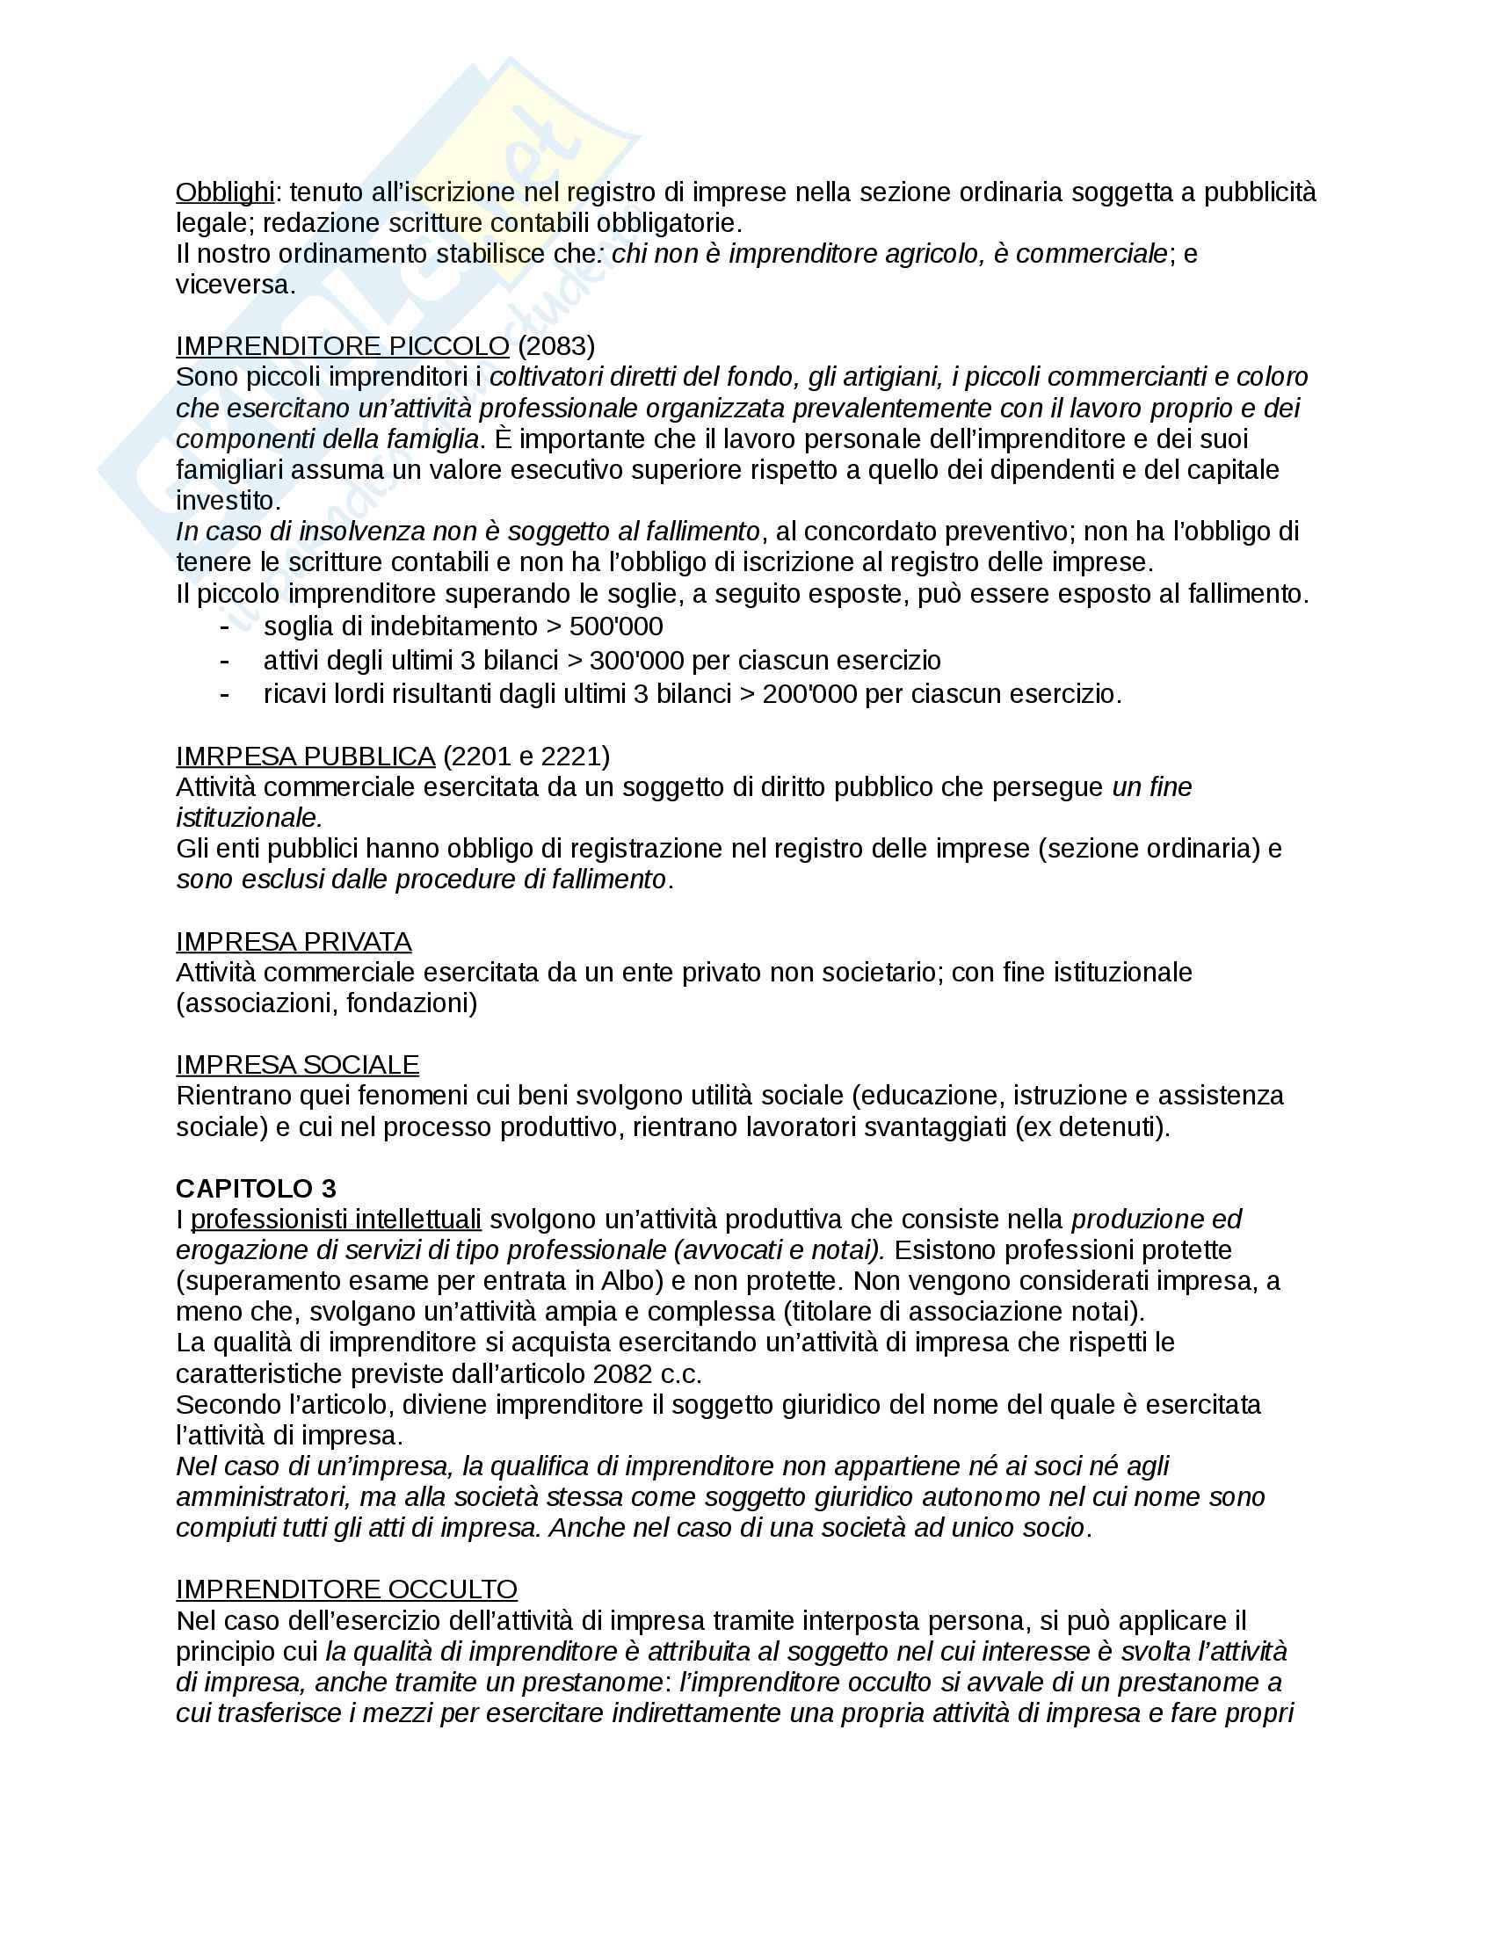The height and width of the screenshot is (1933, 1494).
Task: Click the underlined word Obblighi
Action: (225, 192)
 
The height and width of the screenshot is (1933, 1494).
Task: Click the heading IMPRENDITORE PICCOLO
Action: (343, 346)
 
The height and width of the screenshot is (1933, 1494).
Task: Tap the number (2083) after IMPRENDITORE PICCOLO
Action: (555, 346)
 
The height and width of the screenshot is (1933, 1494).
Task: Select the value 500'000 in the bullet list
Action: (616, 626)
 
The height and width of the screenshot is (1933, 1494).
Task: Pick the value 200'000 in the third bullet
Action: (809, 694)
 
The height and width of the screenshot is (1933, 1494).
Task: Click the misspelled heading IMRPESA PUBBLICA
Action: (305, 757)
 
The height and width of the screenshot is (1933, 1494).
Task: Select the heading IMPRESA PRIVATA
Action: (294, 942)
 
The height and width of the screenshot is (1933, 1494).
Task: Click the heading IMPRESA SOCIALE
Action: (297, 1065)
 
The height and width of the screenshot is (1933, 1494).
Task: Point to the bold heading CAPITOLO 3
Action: (256, 1189)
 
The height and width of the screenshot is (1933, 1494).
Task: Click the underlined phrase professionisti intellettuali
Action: (337, 1220)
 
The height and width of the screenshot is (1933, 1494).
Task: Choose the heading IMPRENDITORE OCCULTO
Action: (347, 1589)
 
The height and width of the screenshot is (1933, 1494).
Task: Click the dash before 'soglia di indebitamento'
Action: (225, 626)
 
